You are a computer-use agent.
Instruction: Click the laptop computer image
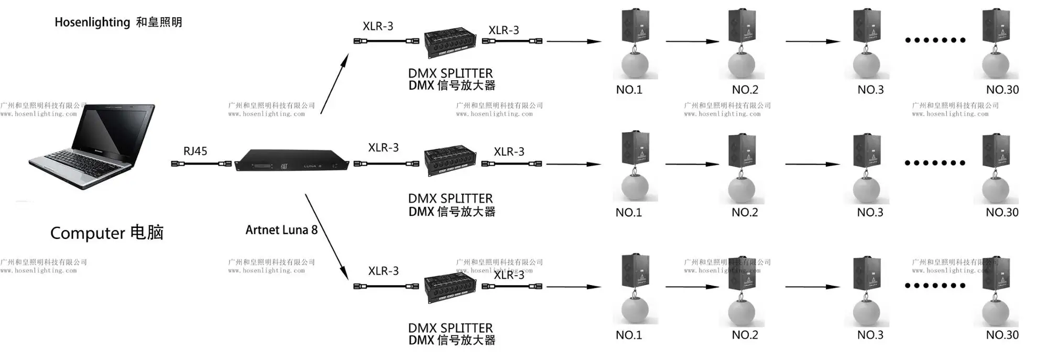tap(92, 147)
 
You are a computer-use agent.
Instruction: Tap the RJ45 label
tap(195, 151)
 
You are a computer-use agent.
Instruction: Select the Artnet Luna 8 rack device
tap(291, 160)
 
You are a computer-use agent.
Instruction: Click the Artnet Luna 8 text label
tap(281, 230)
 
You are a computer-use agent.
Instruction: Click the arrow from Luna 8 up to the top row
tap(334, 83)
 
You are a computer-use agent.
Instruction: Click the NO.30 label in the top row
tap(1002, 90)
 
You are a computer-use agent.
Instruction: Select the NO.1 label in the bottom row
tap(628, 335)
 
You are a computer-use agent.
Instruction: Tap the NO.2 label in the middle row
tap(744, 213)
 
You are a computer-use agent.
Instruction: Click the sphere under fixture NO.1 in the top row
tap(635, 65)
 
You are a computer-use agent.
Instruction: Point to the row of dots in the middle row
tap(935, 163)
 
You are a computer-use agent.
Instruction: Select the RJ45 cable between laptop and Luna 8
tap(202, 164)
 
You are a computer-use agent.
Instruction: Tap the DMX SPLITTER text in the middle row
tap(450, 199)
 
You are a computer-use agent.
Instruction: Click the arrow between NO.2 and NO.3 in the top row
tap(812, 41)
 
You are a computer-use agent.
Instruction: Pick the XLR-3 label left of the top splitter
tap(378, 27)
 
